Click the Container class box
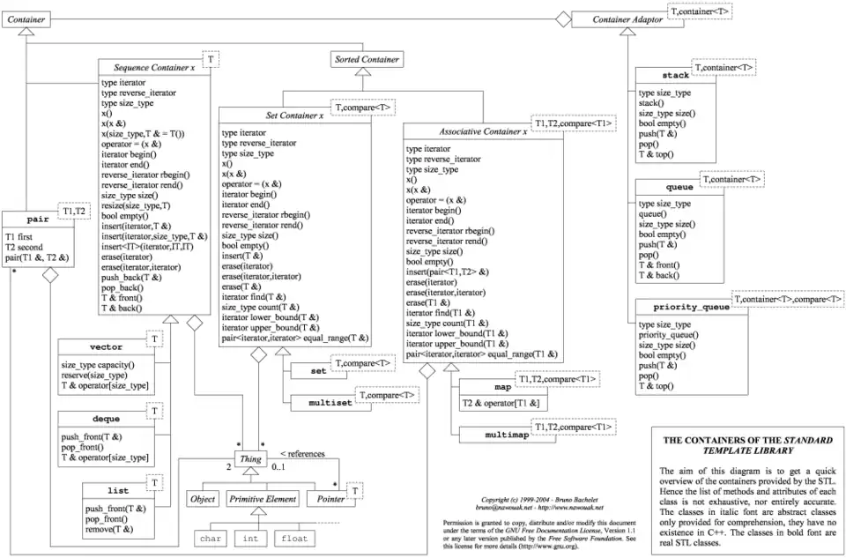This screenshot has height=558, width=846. point(27,18)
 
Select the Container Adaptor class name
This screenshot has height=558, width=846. point(622,19)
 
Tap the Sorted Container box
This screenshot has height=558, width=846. point(367,60)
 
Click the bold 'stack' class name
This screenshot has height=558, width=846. point(675,76)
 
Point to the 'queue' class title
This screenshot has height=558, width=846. point(678,188)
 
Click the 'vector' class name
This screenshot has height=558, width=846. point(107,346)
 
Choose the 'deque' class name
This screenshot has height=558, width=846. point(107,419)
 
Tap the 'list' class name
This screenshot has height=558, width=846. point(118,490)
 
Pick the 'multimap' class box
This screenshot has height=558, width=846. point(487,435)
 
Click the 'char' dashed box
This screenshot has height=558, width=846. point(210,537)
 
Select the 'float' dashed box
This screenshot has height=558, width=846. point(293,537)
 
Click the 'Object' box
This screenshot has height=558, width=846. point(202,499)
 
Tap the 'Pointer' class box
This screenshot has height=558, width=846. point(326,499)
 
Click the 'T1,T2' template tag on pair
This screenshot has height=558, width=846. point(75,212)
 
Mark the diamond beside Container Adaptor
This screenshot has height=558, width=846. point(560,18)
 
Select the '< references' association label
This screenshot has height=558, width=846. point(302,454)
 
